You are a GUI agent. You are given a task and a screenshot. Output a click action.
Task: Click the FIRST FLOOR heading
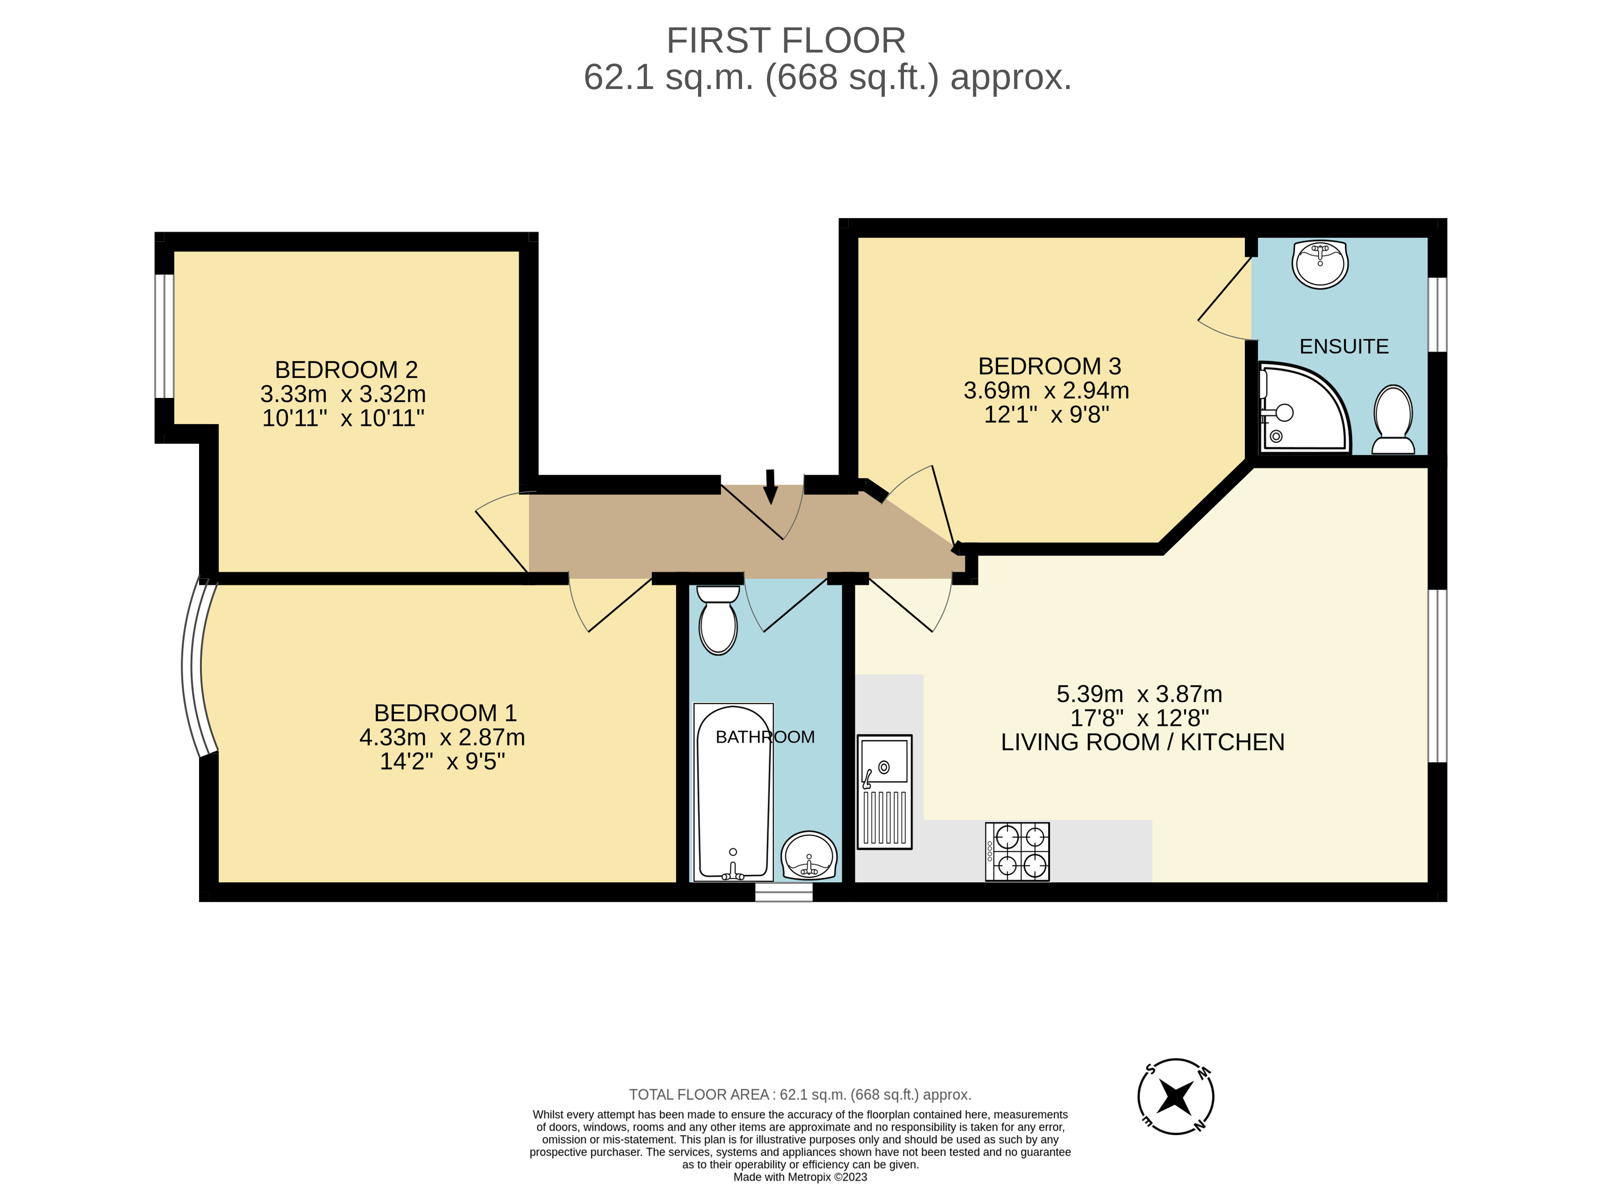(786, 41)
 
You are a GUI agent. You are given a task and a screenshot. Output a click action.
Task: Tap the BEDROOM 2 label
(346, 370)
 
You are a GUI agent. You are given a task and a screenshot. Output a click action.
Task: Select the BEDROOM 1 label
(445, 713)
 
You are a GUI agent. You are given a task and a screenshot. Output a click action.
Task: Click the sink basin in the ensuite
(1320, 264)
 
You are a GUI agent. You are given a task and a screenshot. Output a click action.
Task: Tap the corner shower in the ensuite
(1304, 408)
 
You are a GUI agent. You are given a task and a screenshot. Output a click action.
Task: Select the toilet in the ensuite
(1393, 420)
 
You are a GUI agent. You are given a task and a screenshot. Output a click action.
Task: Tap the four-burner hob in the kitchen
(1018, 851)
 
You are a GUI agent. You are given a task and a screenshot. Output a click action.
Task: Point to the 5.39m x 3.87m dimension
(1139, 694)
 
